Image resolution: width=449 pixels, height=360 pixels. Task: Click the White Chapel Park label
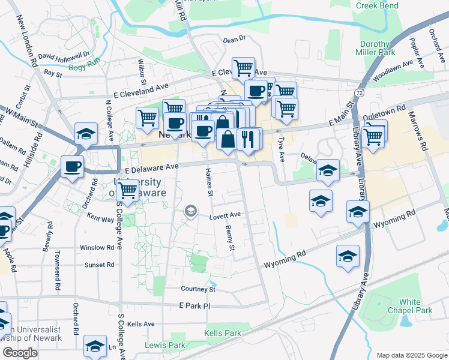415,306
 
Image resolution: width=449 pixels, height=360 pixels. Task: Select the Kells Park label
222,333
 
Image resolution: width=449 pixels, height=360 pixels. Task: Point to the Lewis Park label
165,345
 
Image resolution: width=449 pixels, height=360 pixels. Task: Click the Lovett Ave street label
226,214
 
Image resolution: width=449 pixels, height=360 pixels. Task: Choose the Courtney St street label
198,289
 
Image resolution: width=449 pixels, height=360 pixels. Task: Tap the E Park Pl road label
196,306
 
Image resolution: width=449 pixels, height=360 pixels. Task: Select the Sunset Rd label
99,265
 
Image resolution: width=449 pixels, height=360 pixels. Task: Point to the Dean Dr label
234,39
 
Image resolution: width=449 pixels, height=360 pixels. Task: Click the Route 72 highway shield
359,94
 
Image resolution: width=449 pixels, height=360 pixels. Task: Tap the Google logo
20,353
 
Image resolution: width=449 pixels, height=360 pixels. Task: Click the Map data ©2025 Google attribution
411,355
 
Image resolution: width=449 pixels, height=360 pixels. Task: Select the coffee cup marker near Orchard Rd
73,166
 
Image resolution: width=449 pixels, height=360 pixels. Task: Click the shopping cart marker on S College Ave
127,190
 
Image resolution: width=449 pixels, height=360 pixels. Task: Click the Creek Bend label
378,5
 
